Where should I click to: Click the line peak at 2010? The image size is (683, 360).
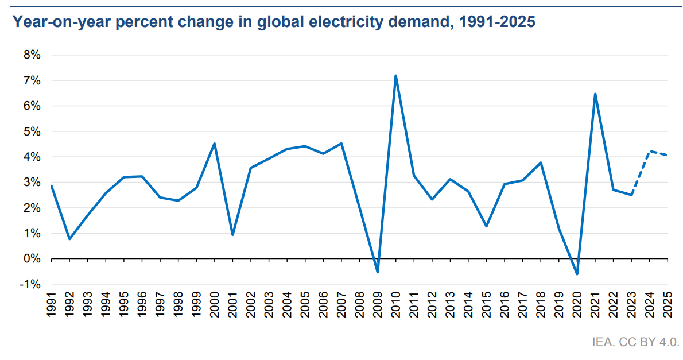pyautogui.click(x=396, y=76)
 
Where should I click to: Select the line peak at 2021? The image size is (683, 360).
pyautogui.click(x=595, y=94)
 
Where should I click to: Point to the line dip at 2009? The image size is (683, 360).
pyautogui.click(x=378, y=272)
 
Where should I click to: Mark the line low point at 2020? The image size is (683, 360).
pyautogui.click(x=577, y=274)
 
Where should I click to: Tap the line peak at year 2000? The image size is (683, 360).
pyautogui.click(x=214, y=144)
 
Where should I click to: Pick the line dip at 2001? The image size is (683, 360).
pyautogui.click(x=232, y=234)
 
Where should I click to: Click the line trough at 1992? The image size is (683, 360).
pyautogui.click(x=69, y=239)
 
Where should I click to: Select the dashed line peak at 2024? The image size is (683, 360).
pyautogui.click(x=650, y=152)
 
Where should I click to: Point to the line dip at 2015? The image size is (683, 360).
pyautogui.click(x=487, y=226)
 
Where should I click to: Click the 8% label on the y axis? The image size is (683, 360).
pyautogui.click(x=32, y=55)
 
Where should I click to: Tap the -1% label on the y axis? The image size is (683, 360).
pyautogui.click(x=30, y=284)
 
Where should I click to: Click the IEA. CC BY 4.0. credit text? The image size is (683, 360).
pyautogui.click(x=635, y=343)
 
